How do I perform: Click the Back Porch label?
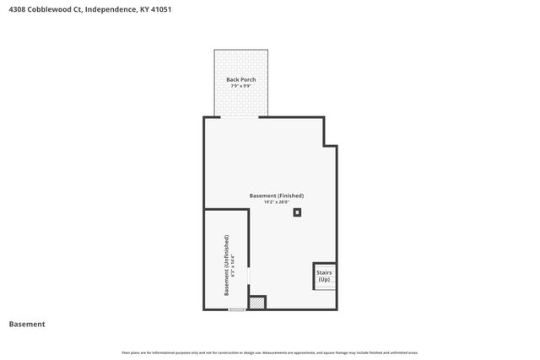241,80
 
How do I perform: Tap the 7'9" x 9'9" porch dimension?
241,86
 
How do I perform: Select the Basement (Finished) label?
276,196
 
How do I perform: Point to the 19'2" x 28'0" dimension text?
276,202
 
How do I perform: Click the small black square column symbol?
296,212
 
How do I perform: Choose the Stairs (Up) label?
324,276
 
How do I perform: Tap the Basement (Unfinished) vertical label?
226,265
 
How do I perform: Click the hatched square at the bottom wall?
258,302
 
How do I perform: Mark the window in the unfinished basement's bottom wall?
237,309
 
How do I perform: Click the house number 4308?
18,9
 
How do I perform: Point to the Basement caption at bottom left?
26,324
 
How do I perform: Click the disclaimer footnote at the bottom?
270,352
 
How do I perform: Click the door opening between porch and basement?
240,117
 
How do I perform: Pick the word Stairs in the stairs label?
324,272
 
